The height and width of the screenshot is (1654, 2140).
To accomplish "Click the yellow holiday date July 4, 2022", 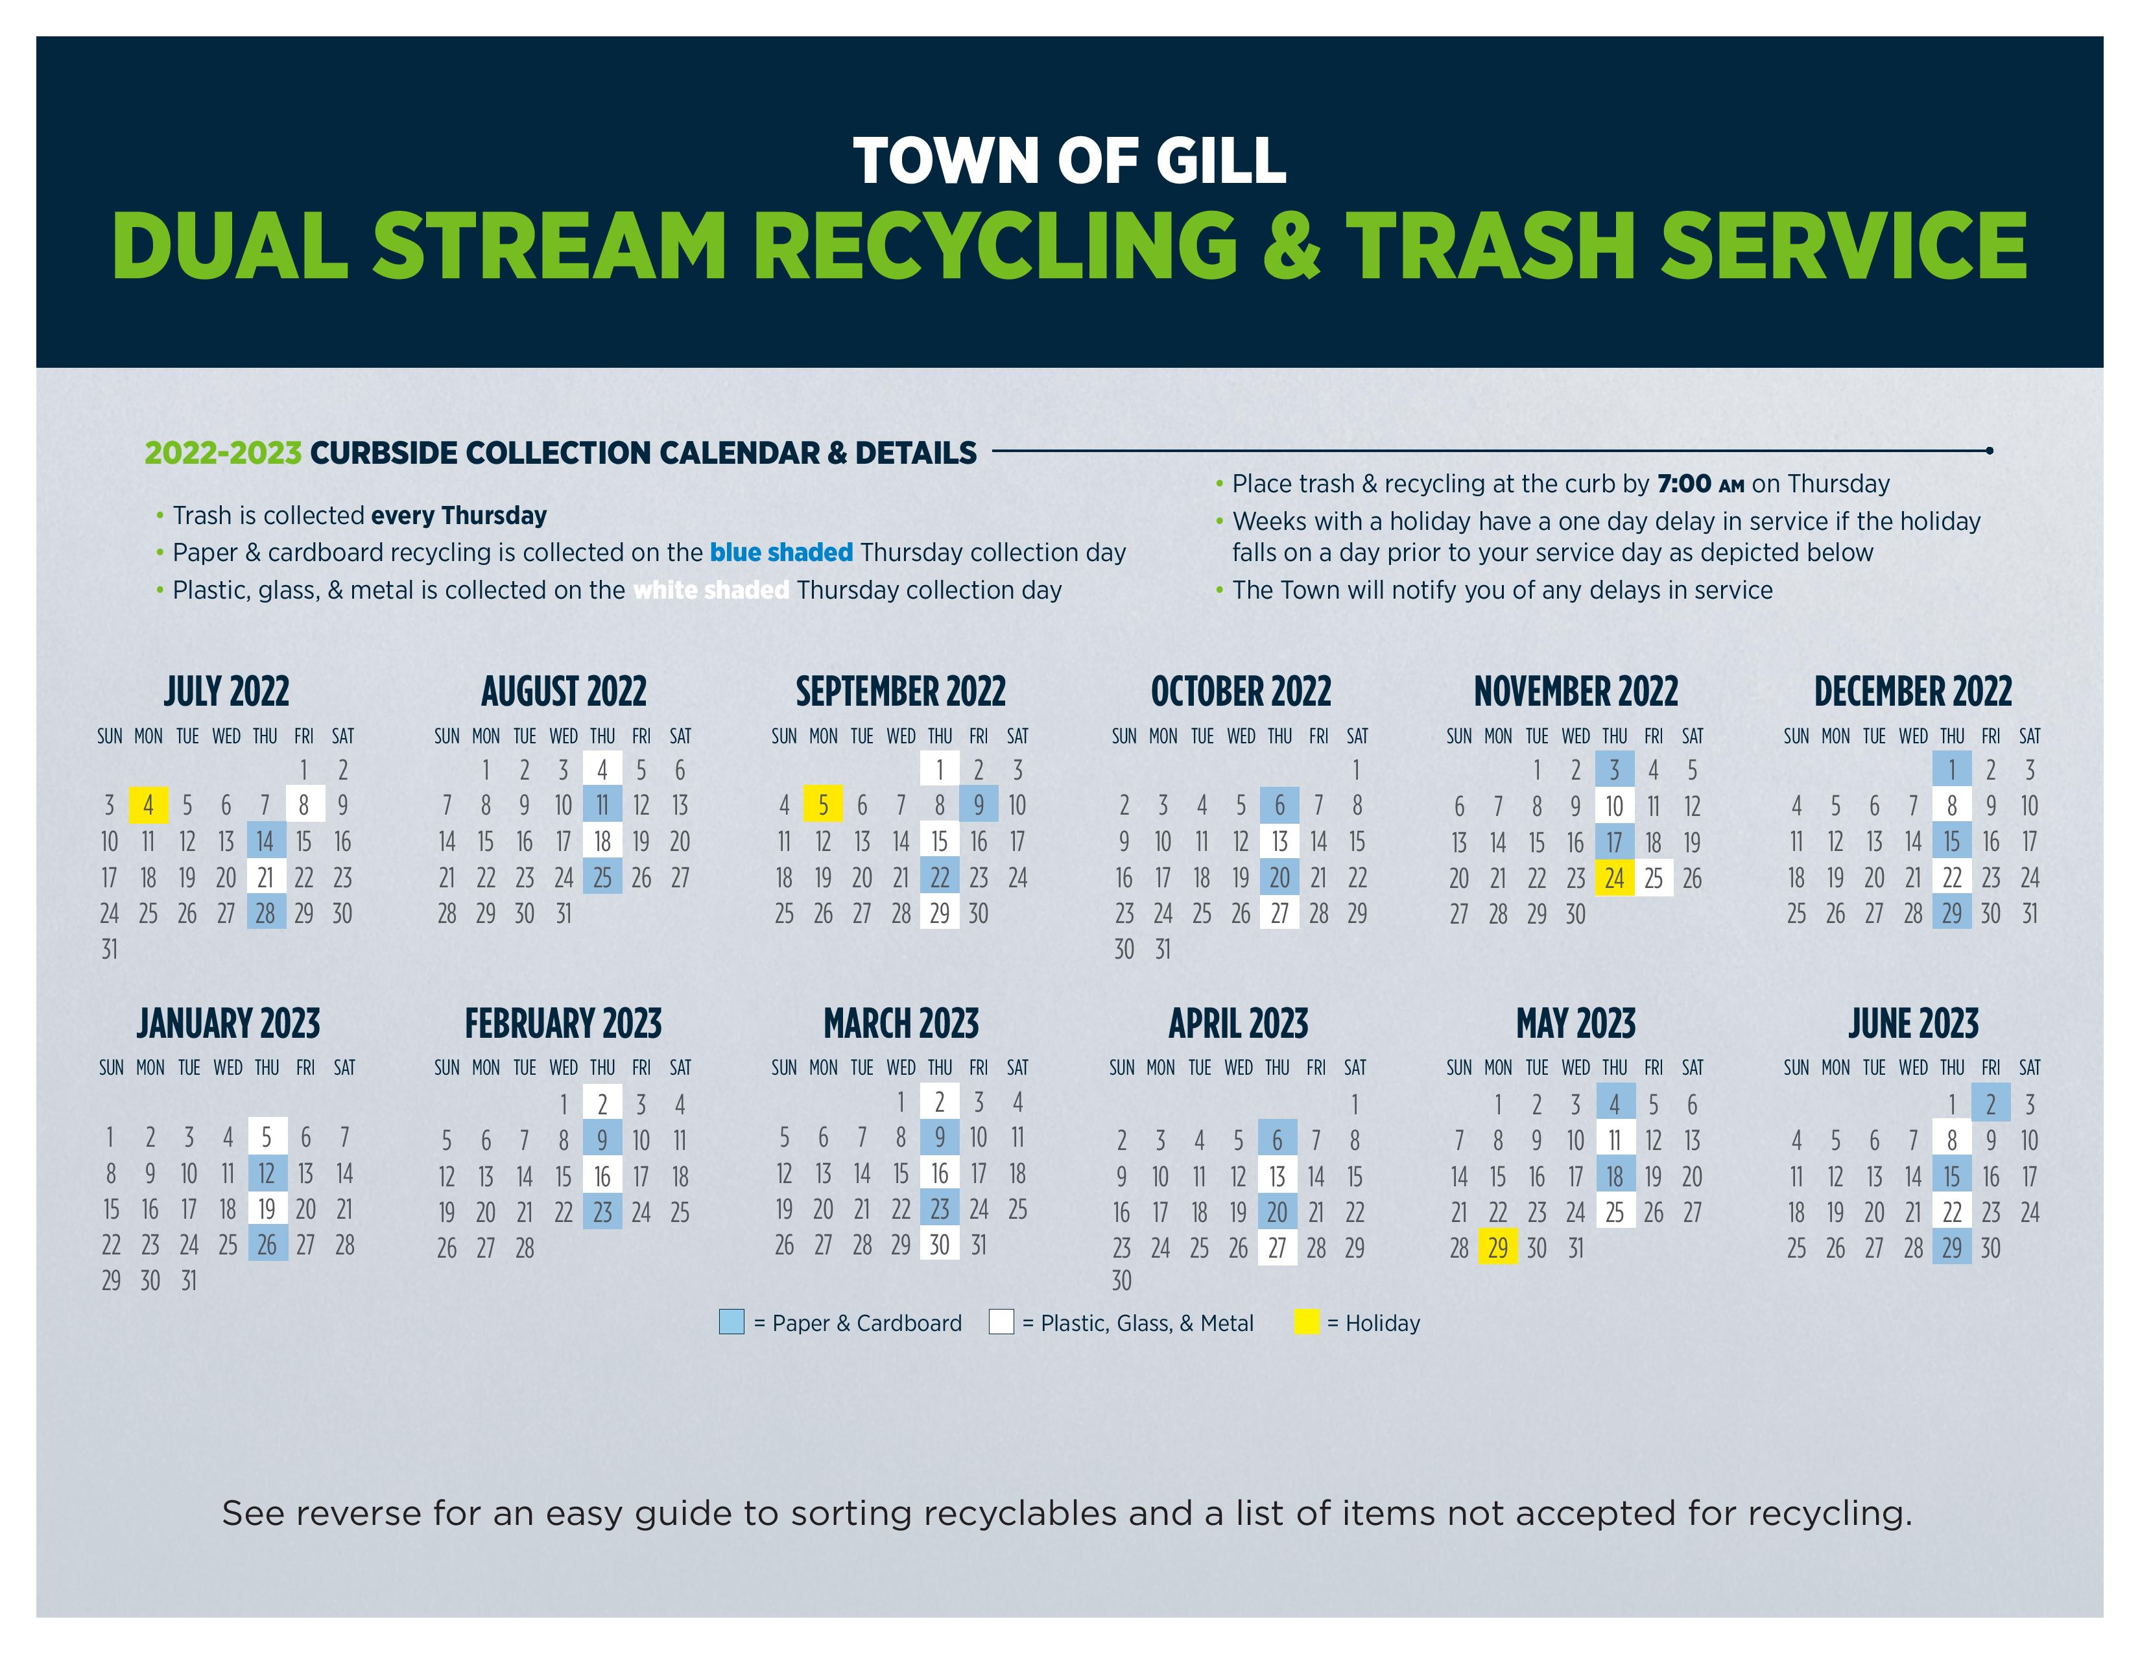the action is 148,806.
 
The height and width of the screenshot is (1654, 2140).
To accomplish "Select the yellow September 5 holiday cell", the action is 823,806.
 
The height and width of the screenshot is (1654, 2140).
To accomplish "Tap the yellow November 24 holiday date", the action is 1615,878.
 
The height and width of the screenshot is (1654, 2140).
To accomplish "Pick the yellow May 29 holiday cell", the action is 1498,1247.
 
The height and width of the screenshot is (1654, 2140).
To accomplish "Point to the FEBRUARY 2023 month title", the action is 564,1024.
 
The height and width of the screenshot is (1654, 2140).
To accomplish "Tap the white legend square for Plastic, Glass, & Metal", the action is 1001,1322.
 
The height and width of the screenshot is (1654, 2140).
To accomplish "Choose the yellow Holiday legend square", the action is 1306,1322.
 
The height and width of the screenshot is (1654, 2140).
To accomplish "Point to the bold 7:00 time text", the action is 1683,484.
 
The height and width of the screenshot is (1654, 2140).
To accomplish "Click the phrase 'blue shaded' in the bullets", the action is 781,553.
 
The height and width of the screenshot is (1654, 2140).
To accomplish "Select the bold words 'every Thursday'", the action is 458,516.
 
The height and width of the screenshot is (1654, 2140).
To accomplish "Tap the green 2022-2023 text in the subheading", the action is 224,453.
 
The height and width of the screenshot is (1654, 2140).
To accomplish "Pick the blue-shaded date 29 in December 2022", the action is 1952,913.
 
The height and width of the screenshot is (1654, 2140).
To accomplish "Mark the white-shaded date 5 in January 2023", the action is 267,1136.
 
